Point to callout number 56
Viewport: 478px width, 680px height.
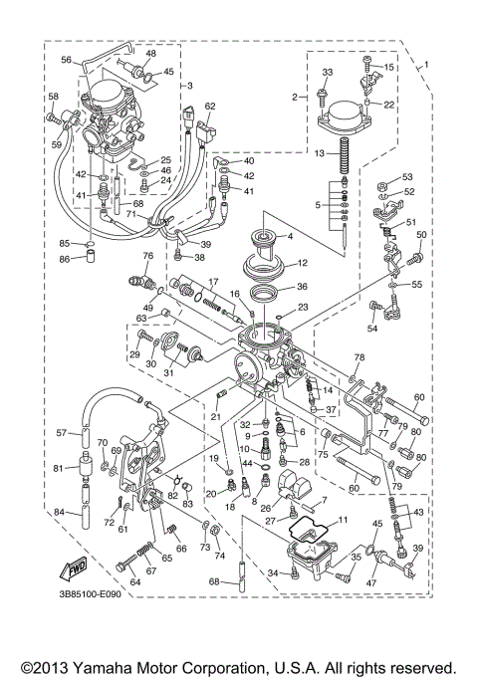click(67, 60)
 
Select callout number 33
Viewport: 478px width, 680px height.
click(327, 73)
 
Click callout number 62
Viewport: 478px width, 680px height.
click(209, 106)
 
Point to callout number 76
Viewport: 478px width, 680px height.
click(147, 256)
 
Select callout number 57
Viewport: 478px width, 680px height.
click(60, 433)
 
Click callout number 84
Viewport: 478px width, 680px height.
click(60, 512)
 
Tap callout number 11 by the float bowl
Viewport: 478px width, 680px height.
click(343, 520)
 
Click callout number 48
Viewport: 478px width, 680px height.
click(150, 53)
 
